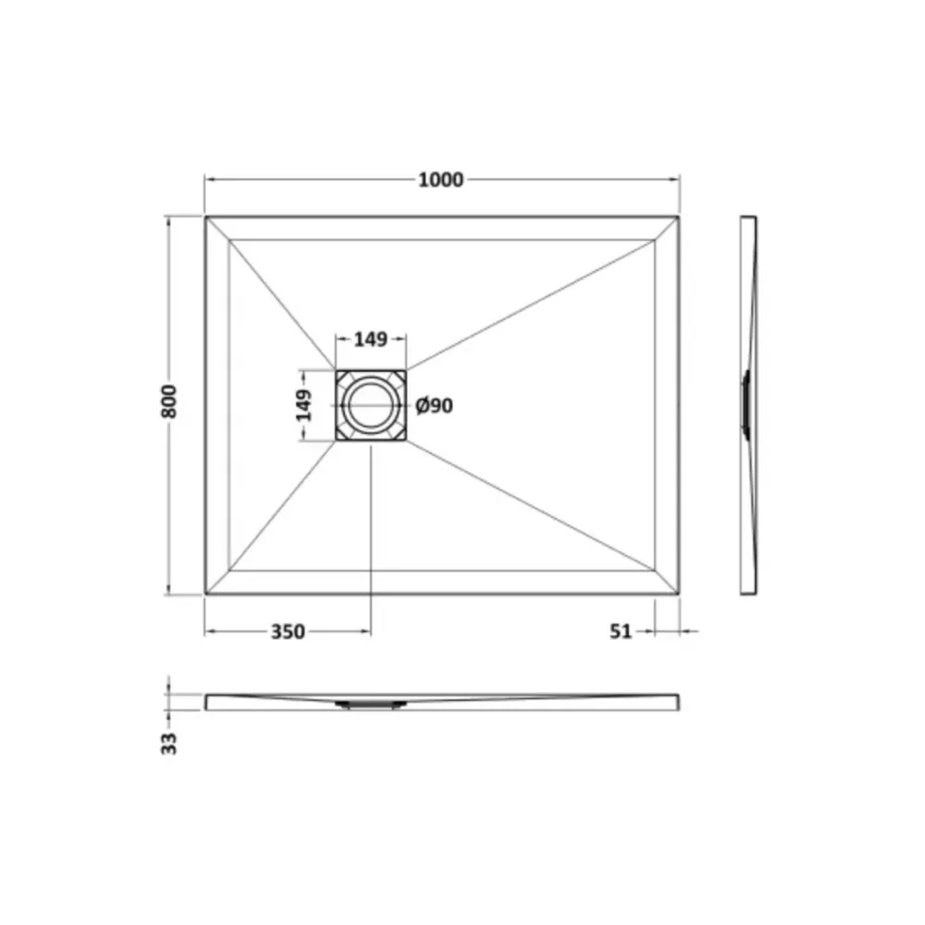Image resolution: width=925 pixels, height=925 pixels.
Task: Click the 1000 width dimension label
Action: click(440, 179)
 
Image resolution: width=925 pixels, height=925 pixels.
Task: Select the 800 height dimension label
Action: click(168, 401)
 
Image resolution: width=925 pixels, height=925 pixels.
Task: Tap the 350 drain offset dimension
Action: click(288, 632)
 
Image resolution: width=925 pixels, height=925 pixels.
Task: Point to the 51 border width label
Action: click(621, 632)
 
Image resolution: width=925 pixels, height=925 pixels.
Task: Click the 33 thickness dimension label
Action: click(168, 744)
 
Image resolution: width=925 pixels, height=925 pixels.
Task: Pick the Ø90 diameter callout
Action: click(434, 406)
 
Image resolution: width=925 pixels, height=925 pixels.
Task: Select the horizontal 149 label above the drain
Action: click(371, 339)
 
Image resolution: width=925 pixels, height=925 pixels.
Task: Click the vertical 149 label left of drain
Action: click(303, 405)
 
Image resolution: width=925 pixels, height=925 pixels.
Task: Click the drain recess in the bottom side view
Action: click(371, 704)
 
